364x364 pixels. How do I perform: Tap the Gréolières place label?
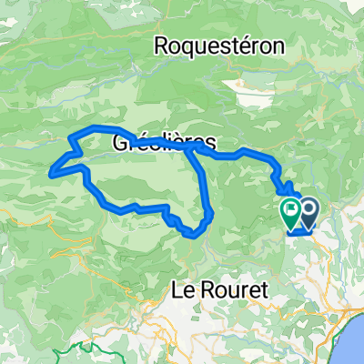[x=165, y=143]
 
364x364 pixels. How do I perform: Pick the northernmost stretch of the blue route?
[x=96, y=126]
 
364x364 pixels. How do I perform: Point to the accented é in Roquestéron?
[x=249, y=45]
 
